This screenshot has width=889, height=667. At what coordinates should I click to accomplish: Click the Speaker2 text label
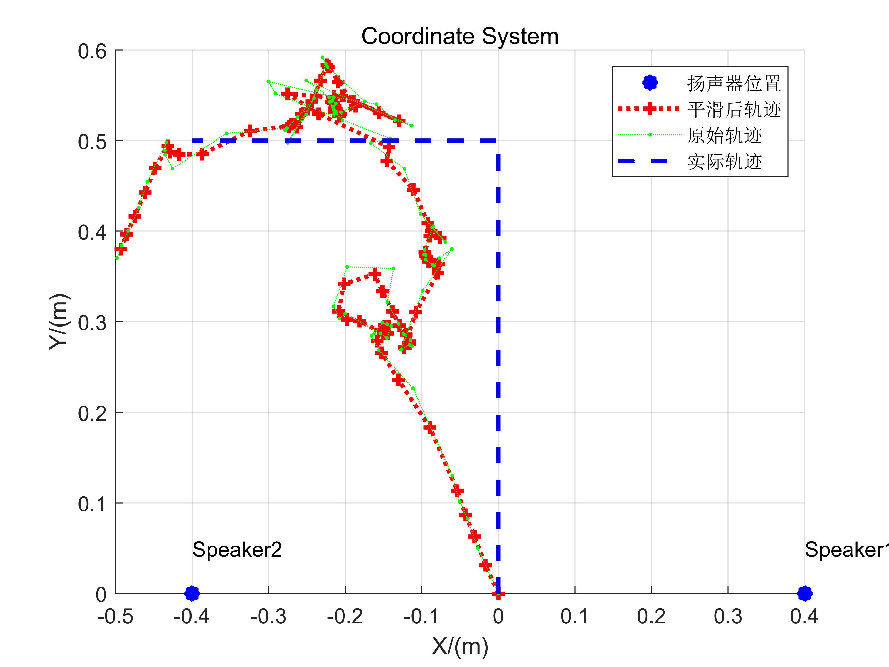coord(237,550)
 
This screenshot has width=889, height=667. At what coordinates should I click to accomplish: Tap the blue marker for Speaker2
coord(192,593)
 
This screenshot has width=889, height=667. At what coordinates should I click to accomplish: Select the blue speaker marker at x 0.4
coord(804,593)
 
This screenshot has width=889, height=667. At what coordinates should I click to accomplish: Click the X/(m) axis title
coord(460,646)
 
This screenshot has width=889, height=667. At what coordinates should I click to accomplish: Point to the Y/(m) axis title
coord(59,322)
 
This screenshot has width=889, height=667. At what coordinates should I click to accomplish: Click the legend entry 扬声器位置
coord(734,84)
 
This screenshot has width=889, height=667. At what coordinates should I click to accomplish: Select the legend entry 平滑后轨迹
coord(734,109)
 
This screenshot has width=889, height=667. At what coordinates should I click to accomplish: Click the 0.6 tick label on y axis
coord(92,52)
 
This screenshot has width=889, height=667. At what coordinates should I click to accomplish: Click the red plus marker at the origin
coord(498,593)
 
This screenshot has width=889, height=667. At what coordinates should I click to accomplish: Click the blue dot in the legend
coord(650,83)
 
